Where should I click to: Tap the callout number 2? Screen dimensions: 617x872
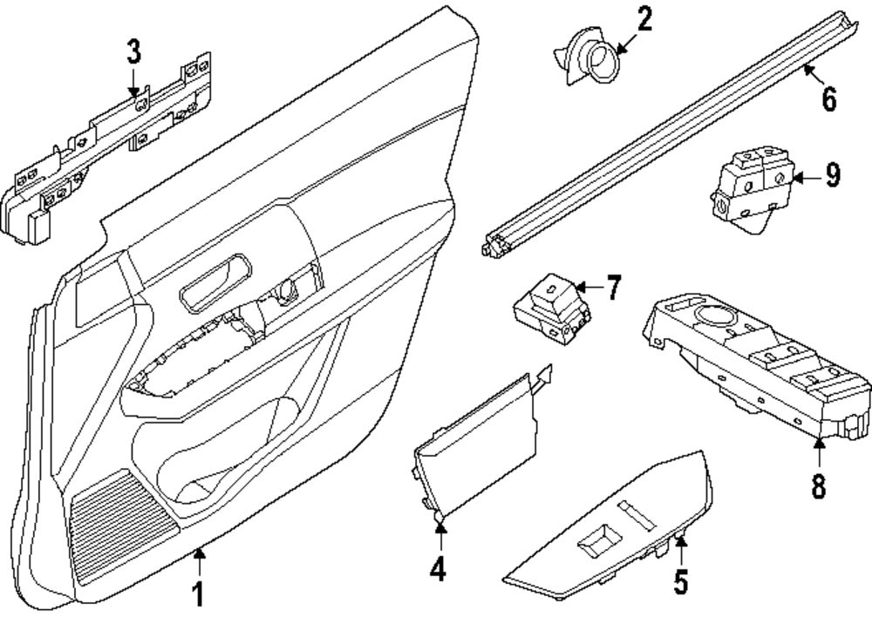[644, 19]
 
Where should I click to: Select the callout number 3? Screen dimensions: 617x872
[133, 52]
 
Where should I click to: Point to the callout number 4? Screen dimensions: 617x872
[438, 569]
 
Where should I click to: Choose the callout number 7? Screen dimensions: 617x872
[614, 288]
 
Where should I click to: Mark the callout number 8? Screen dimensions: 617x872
[818, 485]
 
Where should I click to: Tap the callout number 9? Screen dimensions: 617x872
[832, 176]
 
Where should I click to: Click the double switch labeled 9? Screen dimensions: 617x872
[749, 189]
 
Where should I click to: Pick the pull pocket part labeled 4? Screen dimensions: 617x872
[475, 444]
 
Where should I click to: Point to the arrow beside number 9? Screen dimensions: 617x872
[806, 177]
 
